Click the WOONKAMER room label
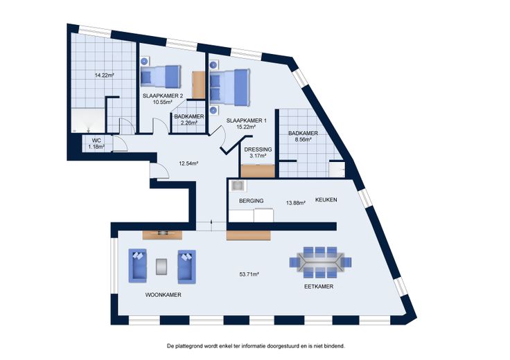pyautogui.click(x=163, y=295)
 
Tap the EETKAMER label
pyautogui.click(x=319, y=287)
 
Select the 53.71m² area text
pyautogui.click(x=249, y=274)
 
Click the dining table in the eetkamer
pyautogui.click(x=320, y=262)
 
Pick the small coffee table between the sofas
pyautogui.click(x=161, y=266)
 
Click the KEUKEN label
pyautogui.click(x=326, y=200)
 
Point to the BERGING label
pyautogui.click(x=251, y=201)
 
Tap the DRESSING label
pyautogui.click(x=258, y=150)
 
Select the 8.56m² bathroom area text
pyautogui.click(x=302, y=140)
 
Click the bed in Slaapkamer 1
pyautogui.click(x=230, y=88)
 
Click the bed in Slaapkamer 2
pyautogui.click(x=161, y=77)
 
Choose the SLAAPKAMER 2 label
pyautogui.click(x=163, y=96)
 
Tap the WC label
pyautogui.click(x=96, y=141)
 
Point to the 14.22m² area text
pyautogui.click(x=104, y=75)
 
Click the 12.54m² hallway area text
pyautogui.click(x=188, y=163)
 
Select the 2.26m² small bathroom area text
pyautogui.click(x=189, y=123)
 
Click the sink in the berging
pyautogui.click(x=238, y=186)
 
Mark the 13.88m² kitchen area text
pyautogui.click(x=296, y=203)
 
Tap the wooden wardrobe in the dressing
pyautogui.click(x=258, y=171)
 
